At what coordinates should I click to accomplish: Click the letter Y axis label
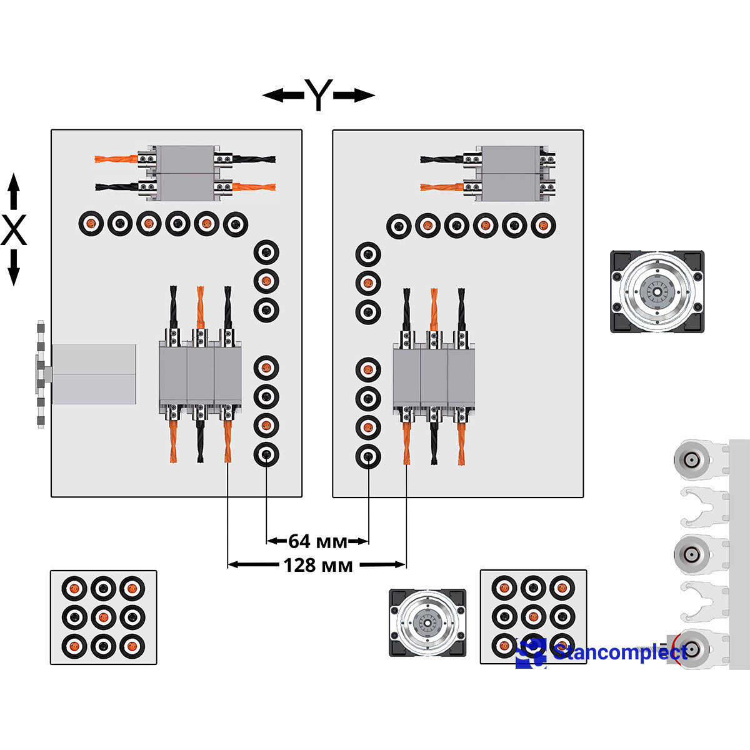(x=319, y=95)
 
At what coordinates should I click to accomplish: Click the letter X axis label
(x=14, y=230)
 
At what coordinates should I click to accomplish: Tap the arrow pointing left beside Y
(x=282, y=96)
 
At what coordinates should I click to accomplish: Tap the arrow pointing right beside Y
(x=354, y=96)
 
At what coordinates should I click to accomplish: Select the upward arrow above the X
(x=14, y=191)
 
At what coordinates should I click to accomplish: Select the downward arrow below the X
(x=14, y=267)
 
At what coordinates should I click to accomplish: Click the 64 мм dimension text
(x=317, y=541)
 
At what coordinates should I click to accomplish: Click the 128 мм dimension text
(x=318, y=565)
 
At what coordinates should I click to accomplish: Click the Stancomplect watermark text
(x=619, y=652)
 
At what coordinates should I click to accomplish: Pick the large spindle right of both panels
(x=657, y=291)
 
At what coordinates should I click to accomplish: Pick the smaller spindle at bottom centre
(x=427, y=622)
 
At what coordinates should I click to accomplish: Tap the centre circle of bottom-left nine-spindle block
(x=103, y=617)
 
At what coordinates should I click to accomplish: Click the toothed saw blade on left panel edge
(x=41, y=374)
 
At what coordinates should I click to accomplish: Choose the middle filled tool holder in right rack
(x=692, y=554)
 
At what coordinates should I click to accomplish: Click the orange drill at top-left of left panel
(x=117, y=159)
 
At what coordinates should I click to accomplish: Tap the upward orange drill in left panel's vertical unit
(x=200, y=306)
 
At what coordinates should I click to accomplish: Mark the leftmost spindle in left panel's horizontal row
(x=91, y=223)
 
